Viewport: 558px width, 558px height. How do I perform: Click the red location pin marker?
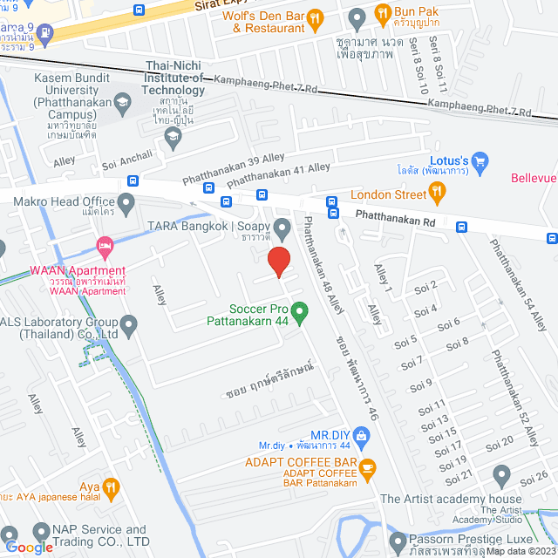tap(278, 262)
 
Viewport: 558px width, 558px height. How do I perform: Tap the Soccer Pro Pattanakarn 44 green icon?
tap(299, 310)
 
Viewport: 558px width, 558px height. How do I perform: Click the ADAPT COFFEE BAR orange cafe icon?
tap(367, 467)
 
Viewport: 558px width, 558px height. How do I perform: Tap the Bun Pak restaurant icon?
tap(382, 13)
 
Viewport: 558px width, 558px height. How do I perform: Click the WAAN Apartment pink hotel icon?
tap(105, 247)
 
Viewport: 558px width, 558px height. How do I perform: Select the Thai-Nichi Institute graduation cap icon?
tap(173, 135)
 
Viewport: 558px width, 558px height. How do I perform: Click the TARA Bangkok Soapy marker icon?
tap(282, 230)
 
